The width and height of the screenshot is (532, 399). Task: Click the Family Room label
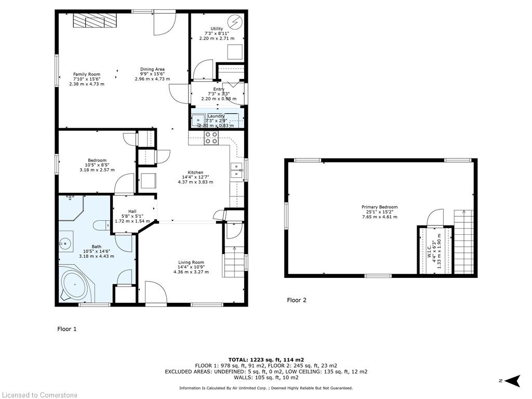[87, 74]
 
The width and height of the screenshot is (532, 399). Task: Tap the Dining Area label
[152, 69]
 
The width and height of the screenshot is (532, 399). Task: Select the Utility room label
[217, 29]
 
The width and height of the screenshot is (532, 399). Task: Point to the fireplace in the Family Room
[95, 21]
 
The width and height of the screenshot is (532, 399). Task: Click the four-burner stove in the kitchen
[211, 137]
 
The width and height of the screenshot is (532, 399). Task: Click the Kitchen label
[195, 172]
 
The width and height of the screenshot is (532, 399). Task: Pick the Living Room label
[191, 262]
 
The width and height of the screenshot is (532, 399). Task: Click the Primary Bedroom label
[379, 207]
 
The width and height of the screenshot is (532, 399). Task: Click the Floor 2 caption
[297, 300]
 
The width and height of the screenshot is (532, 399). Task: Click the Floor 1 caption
[66, 329]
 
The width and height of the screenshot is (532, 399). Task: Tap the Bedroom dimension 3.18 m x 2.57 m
[97, 170]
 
